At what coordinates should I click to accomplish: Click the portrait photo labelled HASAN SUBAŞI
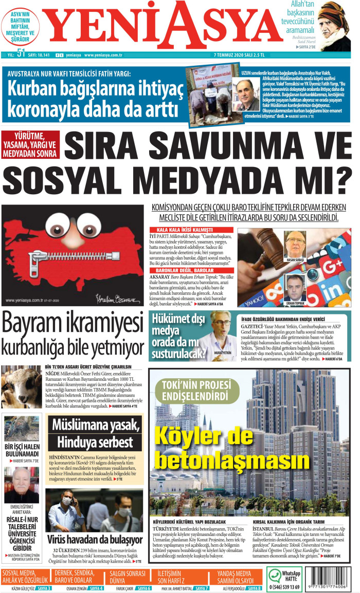click(x=295, y=244)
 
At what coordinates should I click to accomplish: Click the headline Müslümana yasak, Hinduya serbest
click(x=95, y=433)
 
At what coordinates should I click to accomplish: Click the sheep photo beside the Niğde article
click(x=21, y=387)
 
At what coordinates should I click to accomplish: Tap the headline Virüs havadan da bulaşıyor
click(x=95, y=540)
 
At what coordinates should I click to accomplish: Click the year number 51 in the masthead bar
click(x=21, y=53)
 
